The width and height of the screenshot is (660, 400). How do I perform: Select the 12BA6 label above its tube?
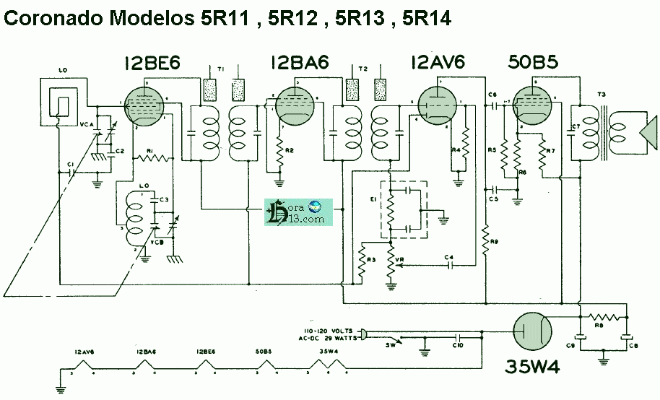click(x=300, y=64)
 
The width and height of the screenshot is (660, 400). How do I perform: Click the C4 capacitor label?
click(x=448, y=257)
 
